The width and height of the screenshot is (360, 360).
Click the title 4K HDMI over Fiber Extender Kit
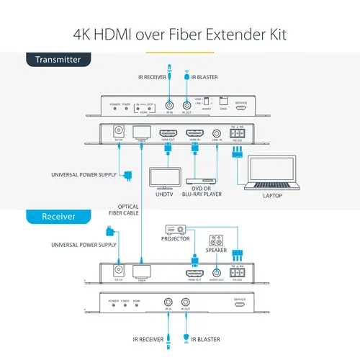click(180, 33)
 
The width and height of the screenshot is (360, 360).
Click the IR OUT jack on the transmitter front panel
click(186, 105)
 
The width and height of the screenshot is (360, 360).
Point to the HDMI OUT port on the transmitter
click(168, 134)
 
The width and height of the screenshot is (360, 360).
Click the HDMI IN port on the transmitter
click(195, 134)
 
